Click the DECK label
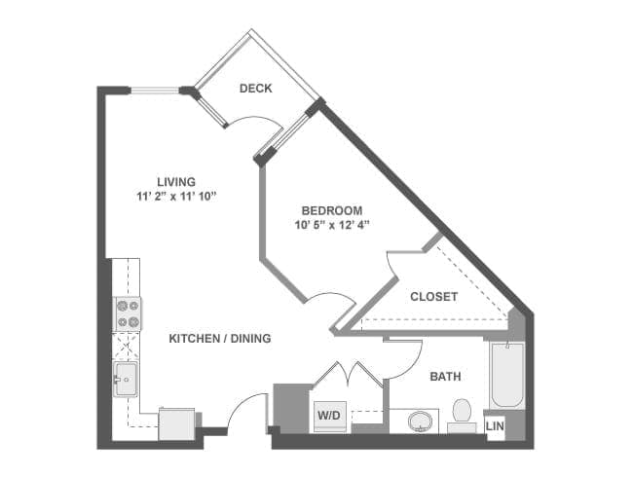point(255,89)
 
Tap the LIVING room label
point(176,182)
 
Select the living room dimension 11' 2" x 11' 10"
point(176,197)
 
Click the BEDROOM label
point(332,210)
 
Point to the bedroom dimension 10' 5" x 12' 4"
point(332,225)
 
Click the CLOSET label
point(433,297)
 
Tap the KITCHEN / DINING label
point(220,338)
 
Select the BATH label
point(445,377)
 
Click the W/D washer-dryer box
point(330,417)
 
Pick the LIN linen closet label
point(495,425)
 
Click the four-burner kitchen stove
point(128,314)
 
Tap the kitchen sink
point(126,380)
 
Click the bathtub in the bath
point(507,376)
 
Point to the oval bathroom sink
point(420,421)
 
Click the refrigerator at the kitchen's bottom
point(177,423)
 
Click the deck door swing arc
point(257,118)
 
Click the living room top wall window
point(154,90)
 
